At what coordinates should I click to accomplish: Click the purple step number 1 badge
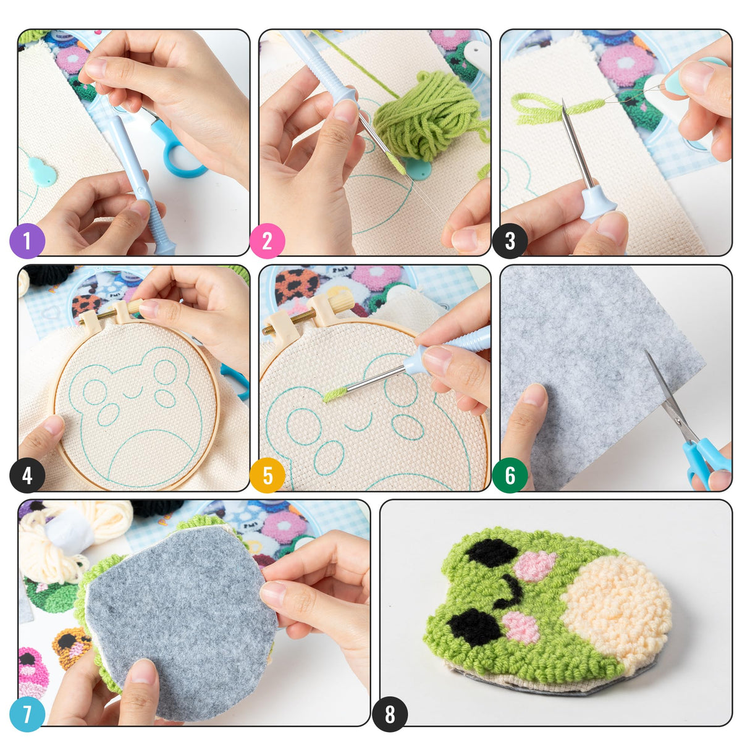click(x=27, y=241)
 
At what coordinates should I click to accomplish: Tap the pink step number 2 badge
click(x=267, y=241)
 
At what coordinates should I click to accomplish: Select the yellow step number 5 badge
click(x=268, y=476)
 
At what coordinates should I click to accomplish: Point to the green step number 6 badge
click(x=510, y=476)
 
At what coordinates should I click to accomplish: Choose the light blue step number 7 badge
click(x=27, y=714)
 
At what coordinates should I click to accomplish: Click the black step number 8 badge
click(x=389, y=714)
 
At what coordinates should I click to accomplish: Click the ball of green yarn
click(x=426, y=117)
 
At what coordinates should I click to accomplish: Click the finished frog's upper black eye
click(x=491, y=551)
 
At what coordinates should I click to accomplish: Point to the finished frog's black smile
click(x=510, y=591)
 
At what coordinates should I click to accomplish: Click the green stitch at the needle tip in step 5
click(x=334, y=394)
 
